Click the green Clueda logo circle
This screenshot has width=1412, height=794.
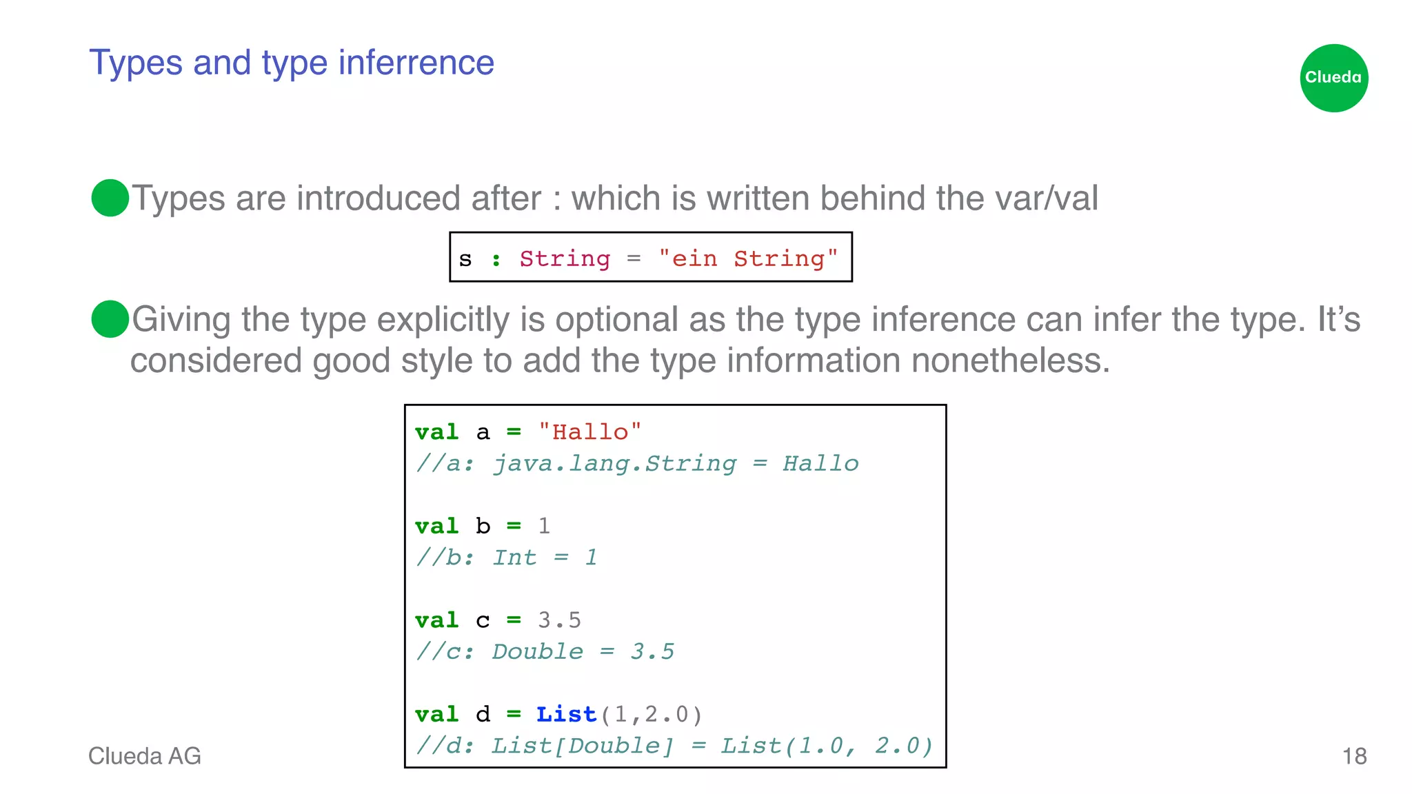[1333, 78]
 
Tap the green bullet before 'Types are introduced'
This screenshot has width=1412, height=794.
[110, 198]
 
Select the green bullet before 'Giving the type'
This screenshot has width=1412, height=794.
[110, 319]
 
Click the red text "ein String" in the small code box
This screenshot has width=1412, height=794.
[748, 258]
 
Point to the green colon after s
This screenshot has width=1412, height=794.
[496, 260]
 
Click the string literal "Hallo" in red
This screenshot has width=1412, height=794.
[590, 432]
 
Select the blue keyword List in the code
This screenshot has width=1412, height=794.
[566, 714]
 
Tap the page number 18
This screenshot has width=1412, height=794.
[1354, 756]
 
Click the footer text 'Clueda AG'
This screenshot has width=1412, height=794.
[145, 756]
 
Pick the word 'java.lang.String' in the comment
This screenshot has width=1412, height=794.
[614, 463]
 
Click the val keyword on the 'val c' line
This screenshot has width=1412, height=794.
[436, 620]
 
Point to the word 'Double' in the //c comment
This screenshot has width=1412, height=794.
[537, 651]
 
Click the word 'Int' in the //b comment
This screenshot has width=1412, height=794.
[514, 557]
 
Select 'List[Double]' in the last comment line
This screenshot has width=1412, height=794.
[582, 746]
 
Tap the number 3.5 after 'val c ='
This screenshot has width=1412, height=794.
[559, 620]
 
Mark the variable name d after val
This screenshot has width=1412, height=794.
[483, 714]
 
